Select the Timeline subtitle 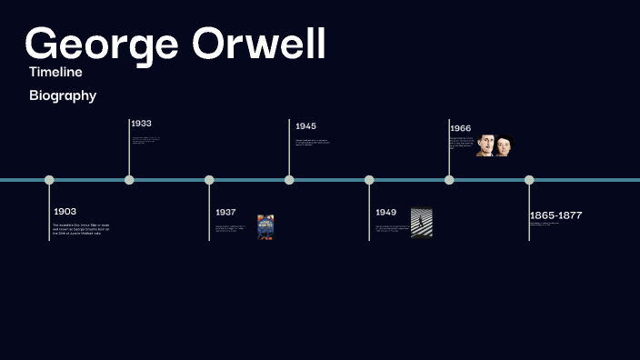click(x=55, y=72)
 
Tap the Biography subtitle click(x=63, y=95)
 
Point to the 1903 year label click(x=65, y=212)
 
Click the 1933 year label click(x=141, y=123)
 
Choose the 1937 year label click(x=225, y=213)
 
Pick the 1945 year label click(x=305, y=126)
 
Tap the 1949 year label click(x=386, y=213)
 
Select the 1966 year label click(x=460, y=128)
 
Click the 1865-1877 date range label click(x=555, y=215)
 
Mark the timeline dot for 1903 click(x=49, y=180)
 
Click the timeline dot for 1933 click(x=129, y=180)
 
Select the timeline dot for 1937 click(x=209, y=180)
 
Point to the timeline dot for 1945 click(x=289, y=180)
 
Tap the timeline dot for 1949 click(x=369, y=180)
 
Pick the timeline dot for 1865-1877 click(x=529, y=180)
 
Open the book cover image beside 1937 click(x=265, y=226)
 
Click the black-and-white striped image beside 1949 click(x=421, y=223)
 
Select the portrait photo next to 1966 click(x=495, y=145)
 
